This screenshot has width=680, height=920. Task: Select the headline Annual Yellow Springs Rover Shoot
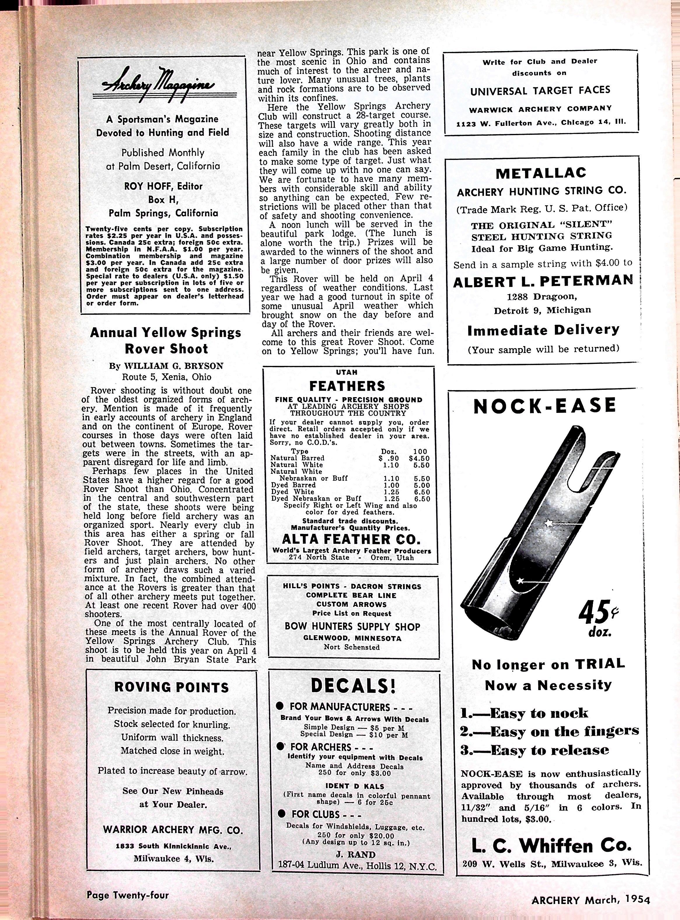[165, 341]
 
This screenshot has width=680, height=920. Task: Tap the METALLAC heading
[541, 173]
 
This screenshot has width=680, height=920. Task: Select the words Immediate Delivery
[543, 330]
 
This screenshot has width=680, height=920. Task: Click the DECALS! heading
[353, 686]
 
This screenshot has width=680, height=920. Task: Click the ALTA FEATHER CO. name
[351, 539]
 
